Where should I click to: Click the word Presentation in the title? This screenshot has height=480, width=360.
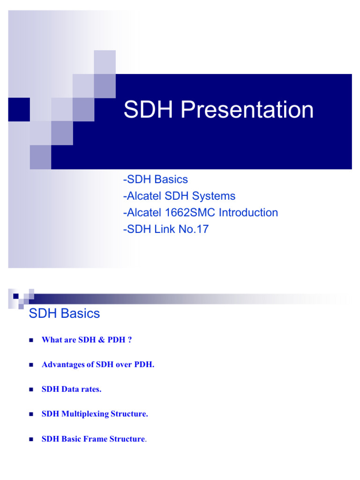click(247, 110)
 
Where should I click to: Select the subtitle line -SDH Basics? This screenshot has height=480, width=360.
click(155, 180)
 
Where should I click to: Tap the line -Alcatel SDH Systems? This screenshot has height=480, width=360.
click(179, 196)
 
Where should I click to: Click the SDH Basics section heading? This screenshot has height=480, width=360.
click(64, 314)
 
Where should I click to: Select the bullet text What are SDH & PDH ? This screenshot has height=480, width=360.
click(87, 340)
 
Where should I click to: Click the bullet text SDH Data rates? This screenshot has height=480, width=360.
click(71, 390)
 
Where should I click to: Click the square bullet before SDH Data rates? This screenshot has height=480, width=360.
click(31, 390)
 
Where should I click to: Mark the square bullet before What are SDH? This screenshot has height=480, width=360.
click(31, 340)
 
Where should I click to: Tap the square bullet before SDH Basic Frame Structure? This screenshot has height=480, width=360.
click(31, 440)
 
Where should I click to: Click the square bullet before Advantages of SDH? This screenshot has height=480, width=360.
click(31, 365)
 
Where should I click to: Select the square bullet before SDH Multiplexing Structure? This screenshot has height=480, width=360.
click(31, 415)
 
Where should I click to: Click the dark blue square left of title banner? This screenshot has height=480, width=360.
click(19, 109)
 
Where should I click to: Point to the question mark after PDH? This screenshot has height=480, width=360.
click(129, 340)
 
